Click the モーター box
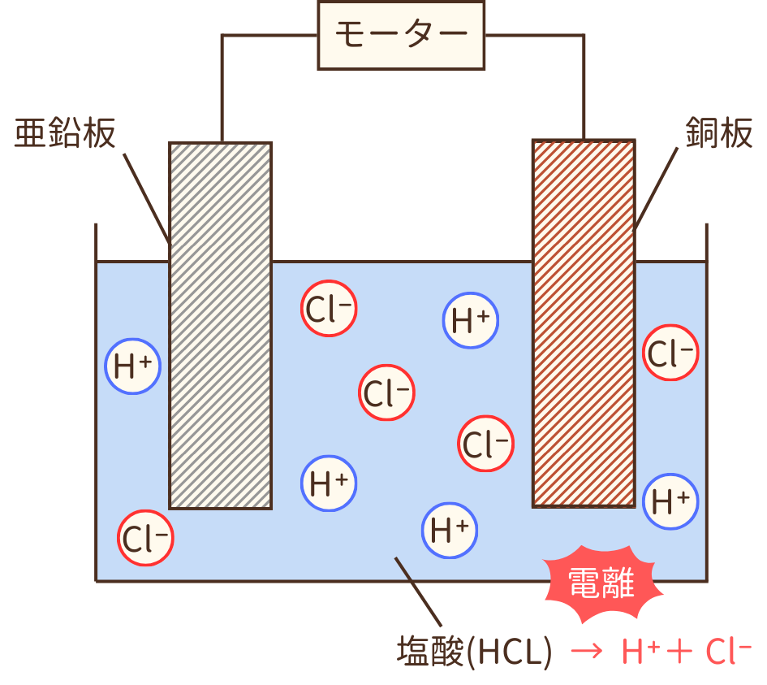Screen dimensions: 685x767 (401, 34)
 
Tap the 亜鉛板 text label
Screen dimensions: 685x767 (65, 134)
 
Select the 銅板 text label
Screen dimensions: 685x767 (719, 132)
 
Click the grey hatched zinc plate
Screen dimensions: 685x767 (220, 325)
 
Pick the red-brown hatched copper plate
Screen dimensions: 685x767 (583, 323)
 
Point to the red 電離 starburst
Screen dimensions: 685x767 (601, 583)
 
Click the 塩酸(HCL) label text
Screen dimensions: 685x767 (474, 652)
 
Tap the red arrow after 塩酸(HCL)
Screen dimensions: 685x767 (585, 652)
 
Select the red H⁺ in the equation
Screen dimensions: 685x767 (638, 650)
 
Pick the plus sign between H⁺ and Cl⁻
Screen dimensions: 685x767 (679, 652)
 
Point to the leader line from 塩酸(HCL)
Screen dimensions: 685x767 (418, 594)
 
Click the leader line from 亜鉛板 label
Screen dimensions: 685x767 (147, 195)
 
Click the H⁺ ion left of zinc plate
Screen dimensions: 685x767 (133, 366)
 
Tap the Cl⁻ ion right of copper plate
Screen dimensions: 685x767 (670, 353)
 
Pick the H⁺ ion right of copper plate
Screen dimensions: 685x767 (670, 501)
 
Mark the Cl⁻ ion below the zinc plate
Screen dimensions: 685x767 (146, 537)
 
